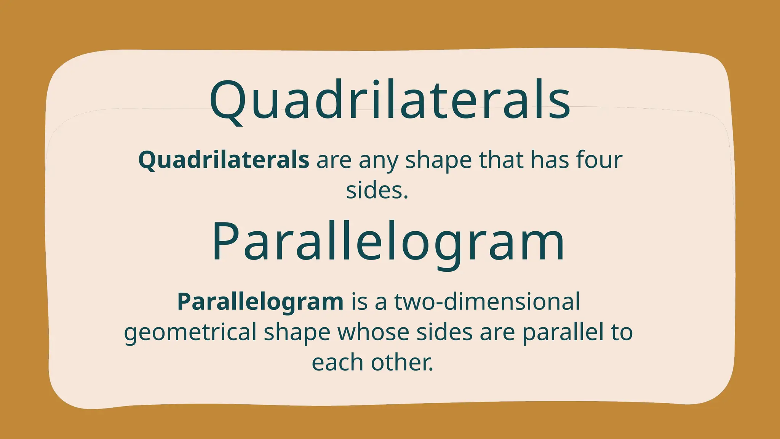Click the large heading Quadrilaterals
click(x=390, y=100)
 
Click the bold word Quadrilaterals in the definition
click(x=224, y=160)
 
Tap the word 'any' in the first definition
click(x=379, y=160)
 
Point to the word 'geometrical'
click(x=190, y=332)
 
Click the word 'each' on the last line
click(x=337, y=362)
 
